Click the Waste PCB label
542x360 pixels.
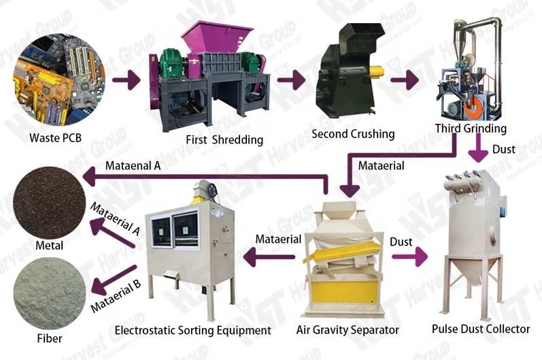coord(56,137)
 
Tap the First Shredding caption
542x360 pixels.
coord(223,140)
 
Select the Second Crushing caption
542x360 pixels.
coord(352,133)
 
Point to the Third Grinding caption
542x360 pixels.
coord(471,128)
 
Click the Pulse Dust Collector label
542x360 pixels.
coord(481,329)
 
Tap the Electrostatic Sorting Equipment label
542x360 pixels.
coord(192,330)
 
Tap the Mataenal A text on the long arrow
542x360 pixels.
coord(133,165)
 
